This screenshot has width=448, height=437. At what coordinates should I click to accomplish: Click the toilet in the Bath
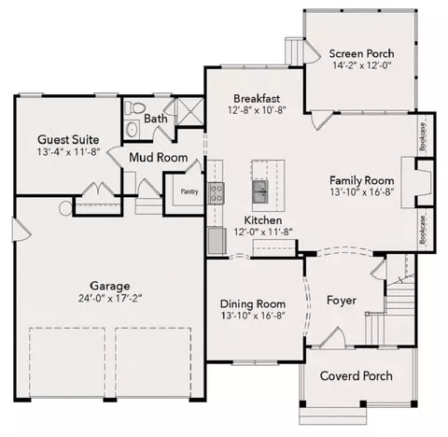(135, 107)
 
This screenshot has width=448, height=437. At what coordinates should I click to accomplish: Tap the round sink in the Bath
(133, 129)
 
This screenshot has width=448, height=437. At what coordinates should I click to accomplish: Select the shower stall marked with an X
(189, 111)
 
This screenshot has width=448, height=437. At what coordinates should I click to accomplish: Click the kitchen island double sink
(260, 191)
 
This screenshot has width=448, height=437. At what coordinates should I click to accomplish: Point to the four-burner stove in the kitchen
(216, 193)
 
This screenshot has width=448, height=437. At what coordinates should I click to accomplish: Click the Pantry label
(189, 191)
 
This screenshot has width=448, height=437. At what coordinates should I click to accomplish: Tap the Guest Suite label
(68, 139)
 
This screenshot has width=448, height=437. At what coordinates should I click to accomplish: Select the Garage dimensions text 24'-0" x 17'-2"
(110, 299)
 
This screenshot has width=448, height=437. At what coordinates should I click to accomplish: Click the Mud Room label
(159, 158)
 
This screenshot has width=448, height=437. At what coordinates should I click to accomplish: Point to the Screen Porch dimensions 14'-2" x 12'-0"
(361, 65)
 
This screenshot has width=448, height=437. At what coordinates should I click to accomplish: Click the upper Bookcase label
(422, 136)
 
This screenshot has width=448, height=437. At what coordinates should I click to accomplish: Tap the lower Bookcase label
(422, 230)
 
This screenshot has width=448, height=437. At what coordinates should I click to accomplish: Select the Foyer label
(342, 301)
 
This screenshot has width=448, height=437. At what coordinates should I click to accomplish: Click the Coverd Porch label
(357, 376)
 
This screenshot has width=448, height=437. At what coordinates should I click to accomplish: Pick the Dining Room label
(253, 303)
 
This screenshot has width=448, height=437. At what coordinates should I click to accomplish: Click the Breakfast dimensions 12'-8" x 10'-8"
(257, 110)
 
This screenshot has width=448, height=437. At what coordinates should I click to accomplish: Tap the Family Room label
(362, 180)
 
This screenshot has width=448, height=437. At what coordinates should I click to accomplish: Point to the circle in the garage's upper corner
(65, 208)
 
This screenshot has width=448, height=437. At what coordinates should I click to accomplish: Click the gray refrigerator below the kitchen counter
(217, 241)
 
